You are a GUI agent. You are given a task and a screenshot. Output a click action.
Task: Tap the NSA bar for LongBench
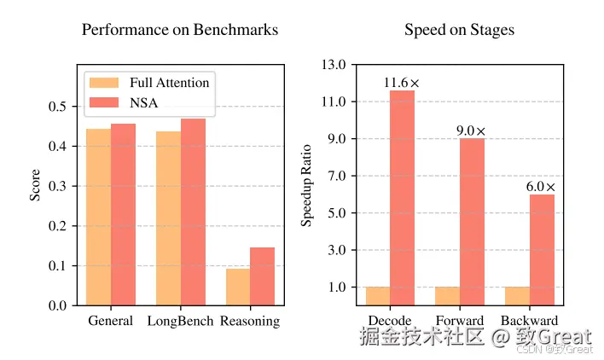tap(193, 212)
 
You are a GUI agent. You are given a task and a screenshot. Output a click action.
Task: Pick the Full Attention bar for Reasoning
tap(238, 287)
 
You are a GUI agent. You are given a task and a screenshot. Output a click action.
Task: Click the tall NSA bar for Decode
tap(402, 197)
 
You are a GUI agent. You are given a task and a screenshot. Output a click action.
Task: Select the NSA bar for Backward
tap(542, 249)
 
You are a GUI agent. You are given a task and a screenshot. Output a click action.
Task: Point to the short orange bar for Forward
tap(447, 295)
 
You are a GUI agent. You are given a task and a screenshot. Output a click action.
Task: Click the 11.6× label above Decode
tap(401, 83)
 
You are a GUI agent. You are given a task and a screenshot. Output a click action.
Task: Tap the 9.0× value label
tap(471, 131)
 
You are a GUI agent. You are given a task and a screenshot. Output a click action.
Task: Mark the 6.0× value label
tap(540, 187)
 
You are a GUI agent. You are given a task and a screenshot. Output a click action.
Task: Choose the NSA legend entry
tap(144, 103)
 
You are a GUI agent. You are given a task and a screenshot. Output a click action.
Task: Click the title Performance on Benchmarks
tap(179, 30)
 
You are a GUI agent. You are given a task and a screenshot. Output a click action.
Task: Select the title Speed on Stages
tap(459, 30)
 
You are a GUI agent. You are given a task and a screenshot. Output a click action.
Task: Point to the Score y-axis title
tap(36, 186)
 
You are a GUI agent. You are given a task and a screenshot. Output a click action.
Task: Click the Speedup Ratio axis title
tap(307, 185)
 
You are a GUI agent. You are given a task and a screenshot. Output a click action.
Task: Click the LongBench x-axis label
tap(180, 322)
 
